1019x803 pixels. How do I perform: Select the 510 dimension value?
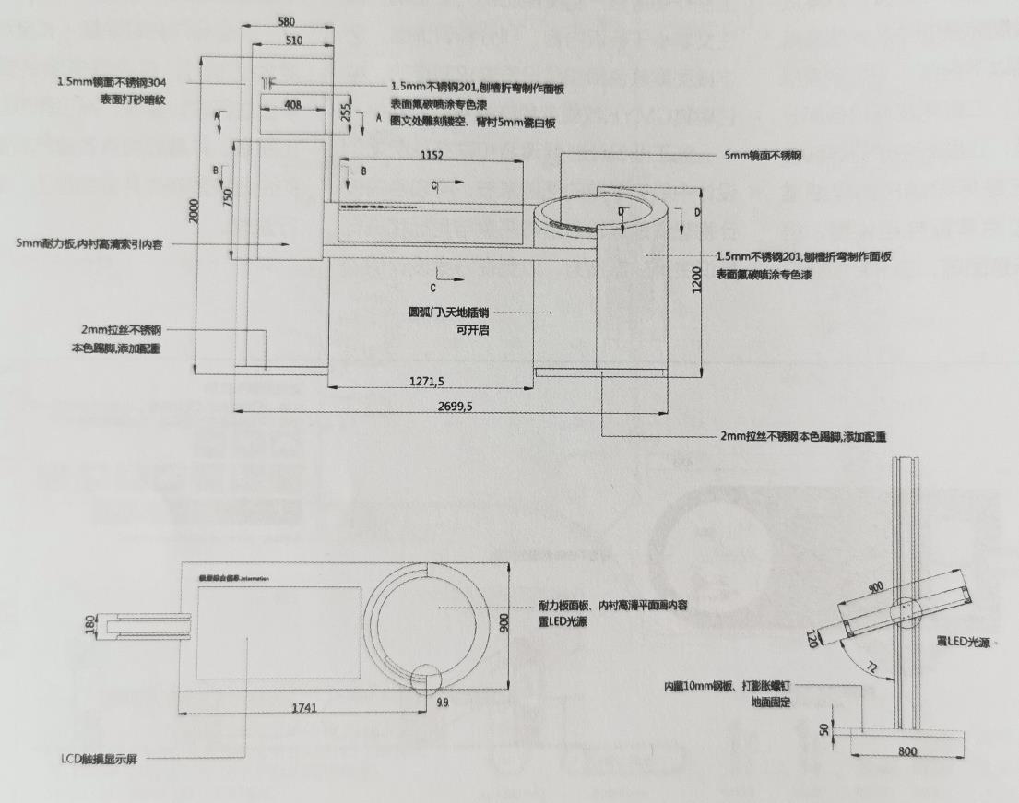tap(295, 41)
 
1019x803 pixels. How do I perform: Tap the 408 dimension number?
tap(292, 106)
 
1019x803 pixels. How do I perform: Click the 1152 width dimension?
tap(431, 155)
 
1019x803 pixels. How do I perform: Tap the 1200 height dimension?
tap(699, 278)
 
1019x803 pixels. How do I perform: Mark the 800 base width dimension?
tap(907, 753)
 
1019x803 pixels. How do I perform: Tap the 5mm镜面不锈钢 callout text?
tap(763, 156)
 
